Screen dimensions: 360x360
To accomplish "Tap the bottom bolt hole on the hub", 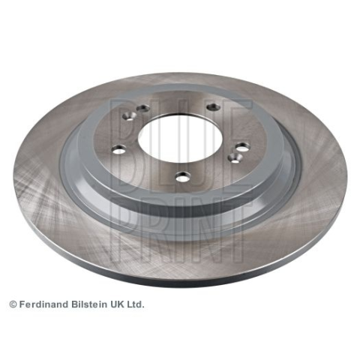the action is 183,177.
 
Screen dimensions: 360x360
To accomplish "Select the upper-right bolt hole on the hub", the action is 213,107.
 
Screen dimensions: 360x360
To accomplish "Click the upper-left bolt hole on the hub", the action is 143,109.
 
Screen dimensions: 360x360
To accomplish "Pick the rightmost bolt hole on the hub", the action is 241,147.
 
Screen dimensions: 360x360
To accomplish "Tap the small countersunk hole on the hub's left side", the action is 130,116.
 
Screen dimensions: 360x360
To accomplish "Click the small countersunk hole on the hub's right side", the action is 235,158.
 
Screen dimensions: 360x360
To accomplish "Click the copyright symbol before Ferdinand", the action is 13,304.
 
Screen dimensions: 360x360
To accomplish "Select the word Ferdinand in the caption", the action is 44,304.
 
